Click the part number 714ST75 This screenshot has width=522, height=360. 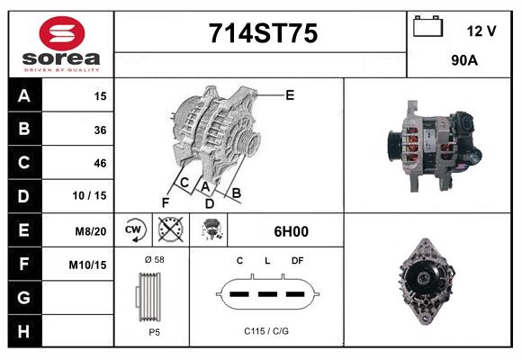tap(263, 33)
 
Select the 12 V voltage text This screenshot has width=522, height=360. tap(481, 31)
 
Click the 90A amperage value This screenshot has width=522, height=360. tap(463, 60)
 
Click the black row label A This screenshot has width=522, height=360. tap(24, 96)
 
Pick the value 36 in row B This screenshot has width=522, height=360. tap(100, 130)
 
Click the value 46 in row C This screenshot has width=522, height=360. tap(100, 163)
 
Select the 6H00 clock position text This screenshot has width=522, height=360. tap(291, 231)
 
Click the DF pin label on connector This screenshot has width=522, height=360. tap(297, 260)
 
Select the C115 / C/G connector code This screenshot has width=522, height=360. tap(266, 331)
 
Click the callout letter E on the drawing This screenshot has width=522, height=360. tap(290, 94)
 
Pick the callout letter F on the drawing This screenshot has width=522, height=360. tap(165, 202)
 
